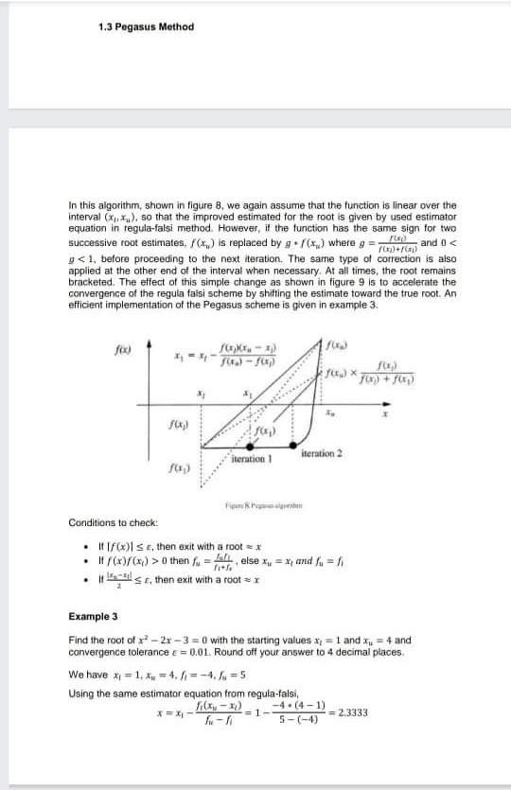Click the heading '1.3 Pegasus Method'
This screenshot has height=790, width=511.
(x=146, y=27)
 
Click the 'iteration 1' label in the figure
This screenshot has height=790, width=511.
(x=253, y=457)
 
